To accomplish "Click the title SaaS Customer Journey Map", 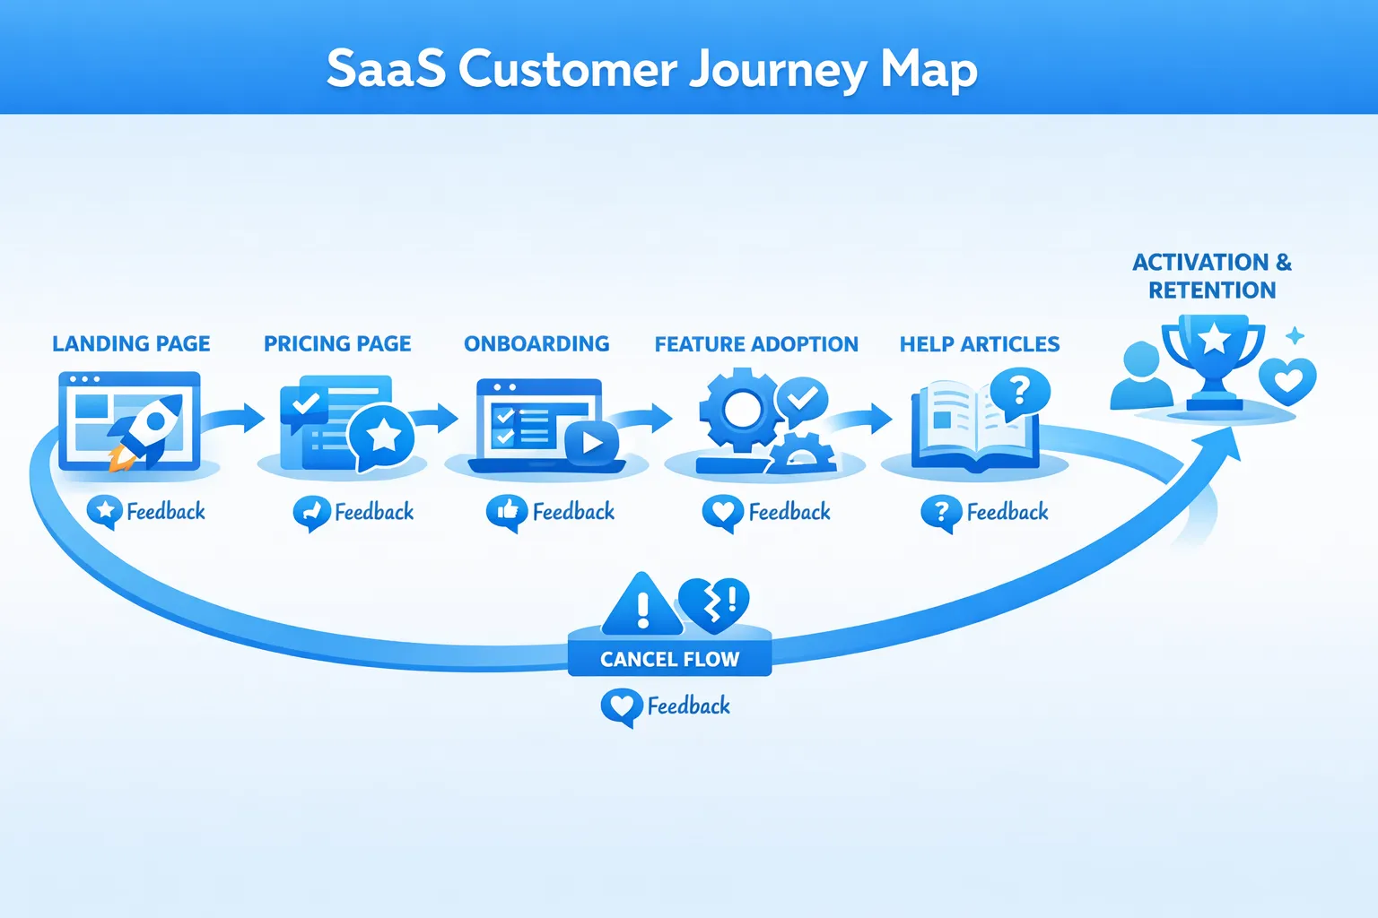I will (x=651, y=69).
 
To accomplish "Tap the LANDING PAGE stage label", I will (x=131, y=343).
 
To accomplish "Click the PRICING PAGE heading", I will (x=337, y=343).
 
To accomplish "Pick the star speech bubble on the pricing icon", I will (x=382, y=437).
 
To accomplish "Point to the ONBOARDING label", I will (x=536, y=343).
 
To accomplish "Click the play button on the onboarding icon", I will (x=591, y=442).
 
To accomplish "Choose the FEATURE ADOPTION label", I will (x=756, y=344).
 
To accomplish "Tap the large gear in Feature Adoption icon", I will (x=739, y=411).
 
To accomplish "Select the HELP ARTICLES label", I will (x=980, y=344).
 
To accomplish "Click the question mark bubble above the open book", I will (x=1019, y=392).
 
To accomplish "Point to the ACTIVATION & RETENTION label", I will (x=1212, y=276).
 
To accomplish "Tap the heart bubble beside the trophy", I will (x=1288, y=381).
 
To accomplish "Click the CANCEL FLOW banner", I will (x=669, y=659).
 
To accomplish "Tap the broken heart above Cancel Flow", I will (x=714, y=602).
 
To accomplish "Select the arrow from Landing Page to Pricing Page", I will (x=235, y=418).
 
